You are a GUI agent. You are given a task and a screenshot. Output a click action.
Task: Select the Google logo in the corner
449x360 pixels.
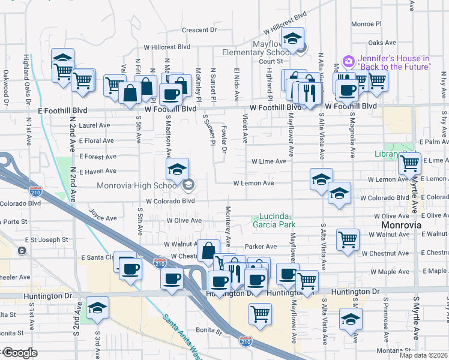[x=20, y=353]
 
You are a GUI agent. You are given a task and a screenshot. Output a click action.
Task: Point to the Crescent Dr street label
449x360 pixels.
[x=199, y=29]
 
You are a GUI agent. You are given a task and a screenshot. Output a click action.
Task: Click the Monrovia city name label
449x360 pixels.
[x=402, y=225]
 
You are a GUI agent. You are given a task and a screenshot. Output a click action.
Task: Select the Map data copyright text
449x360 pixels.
[x=424, y=355]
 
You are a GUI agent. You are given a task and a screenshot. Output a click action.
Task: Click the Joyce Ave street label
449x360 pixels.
[x=103, y=214]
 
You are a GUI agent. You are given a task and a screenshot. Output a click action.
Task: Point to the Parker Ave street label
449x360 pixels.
[x=261, y=247]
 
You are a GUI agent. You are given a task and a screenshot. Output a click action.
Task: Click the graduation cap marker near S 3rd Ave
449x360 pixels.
[x=97, y=309]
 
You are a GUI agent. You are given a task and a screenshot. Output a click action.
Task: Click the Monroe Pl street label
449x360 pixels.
[x=366, y=24]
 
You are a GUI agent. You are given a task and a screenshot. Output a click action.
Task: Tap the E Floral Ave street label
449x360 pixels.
[x=96, y=141]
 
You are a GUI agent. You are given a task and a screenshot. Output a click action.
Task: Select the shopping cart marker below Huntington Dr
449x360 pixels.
[x=260, y=313]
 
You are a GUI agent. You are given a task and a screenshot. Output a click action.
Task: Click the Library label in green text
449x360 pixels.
[x=387, y=155]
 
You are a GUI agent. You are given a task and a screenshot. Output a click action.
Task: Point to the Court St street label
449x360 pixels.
[x=271, y=61]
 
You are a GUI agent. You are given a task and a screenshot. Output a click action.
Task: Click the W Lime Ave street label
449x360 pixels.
[x=268, y=161]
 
